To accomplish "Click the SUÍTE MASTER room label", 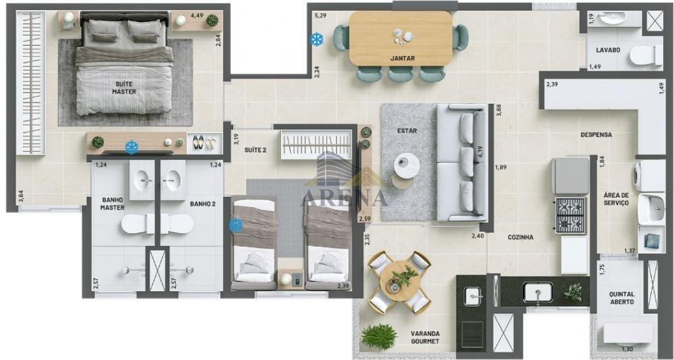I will click(124, 88).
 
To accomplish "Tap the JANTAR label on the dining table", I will click(402, 58).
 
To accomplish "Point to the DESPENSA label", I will click(596, 135).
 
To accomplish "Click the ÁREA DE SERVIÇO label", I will click(616, 198).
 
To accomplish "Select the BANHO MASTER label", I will click(113, 204).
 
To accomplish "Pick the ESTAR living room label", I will click(405, 131).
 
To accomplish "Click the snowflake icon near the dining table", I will click(316, 40).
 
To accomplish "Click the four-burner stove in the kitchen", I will click(570, 215).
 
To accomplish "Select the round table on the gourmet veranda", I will click(400, 281).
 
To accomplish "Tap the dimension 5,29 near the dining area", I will click(319, 14).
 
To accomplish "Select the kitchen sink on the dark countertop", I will click(538, 292).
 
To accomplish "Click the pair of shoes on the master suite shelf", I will click(203, 142).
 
